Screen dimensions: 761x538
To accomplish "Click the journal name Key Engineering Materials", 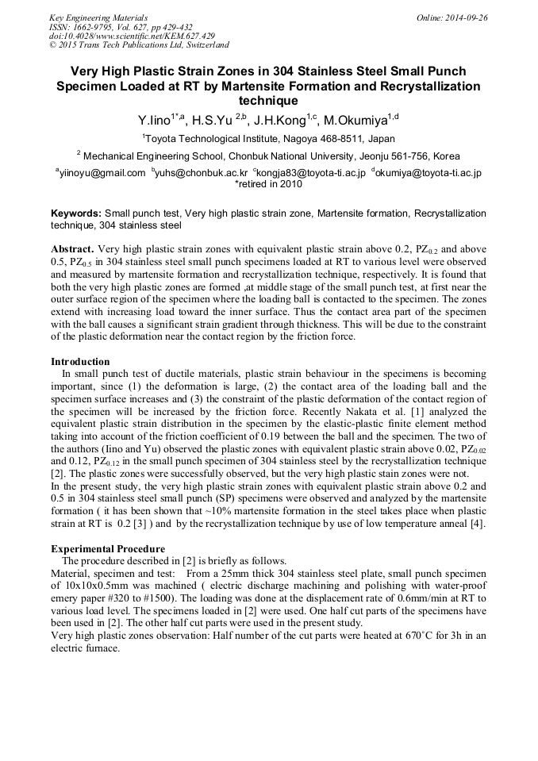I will [98, 17].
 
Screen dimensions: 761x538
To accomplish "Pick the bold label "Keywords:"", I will [76, 214].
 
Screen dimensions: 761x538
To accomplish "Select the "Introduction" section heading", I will [80, 362].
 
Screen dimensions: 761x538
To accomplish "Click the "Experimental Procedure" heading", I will [108, 549].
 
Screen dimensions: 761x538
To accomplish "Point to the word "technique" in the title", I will [268, 101].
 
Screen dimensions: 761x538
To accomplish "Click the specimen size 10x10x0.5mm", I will [85, 586].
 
